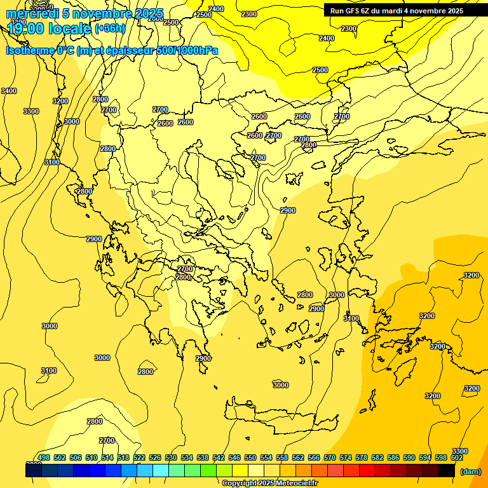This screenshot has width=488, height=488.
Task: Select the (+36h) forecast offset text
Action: (x=110, y=28)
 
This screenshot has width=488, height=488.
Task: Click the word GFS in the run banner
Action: (x=352, y=11)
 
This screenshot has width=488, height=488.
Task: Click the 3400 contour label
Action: (x=9, y=91)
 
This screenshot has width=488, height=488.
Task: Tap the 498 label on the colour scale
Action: (x=44, y=457)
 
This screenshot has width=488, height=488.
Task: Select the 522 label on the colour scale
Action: (x=139, y=457)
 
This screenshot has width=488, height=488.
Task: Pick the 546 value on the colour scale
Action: (x=234, y=457)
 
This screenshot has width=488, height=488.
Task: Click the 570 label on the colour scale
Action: (x=330, y=457)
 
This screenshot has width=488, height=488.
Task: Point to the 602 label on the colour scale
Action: (x=457, y=457)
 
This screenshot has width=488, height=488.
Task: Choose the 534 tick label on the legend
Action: (x=187, y=457)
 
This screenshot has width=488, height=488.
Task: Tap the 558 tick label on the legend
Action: (x=282, y=457)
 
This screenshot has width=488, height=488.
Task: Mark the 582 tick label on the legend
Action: (x=377, y=457)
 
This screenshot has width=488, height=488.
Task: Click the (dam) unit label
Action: (x=471, y=471)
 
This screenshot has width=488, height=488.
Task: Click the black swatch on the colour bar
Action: (x=447, y=470)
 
